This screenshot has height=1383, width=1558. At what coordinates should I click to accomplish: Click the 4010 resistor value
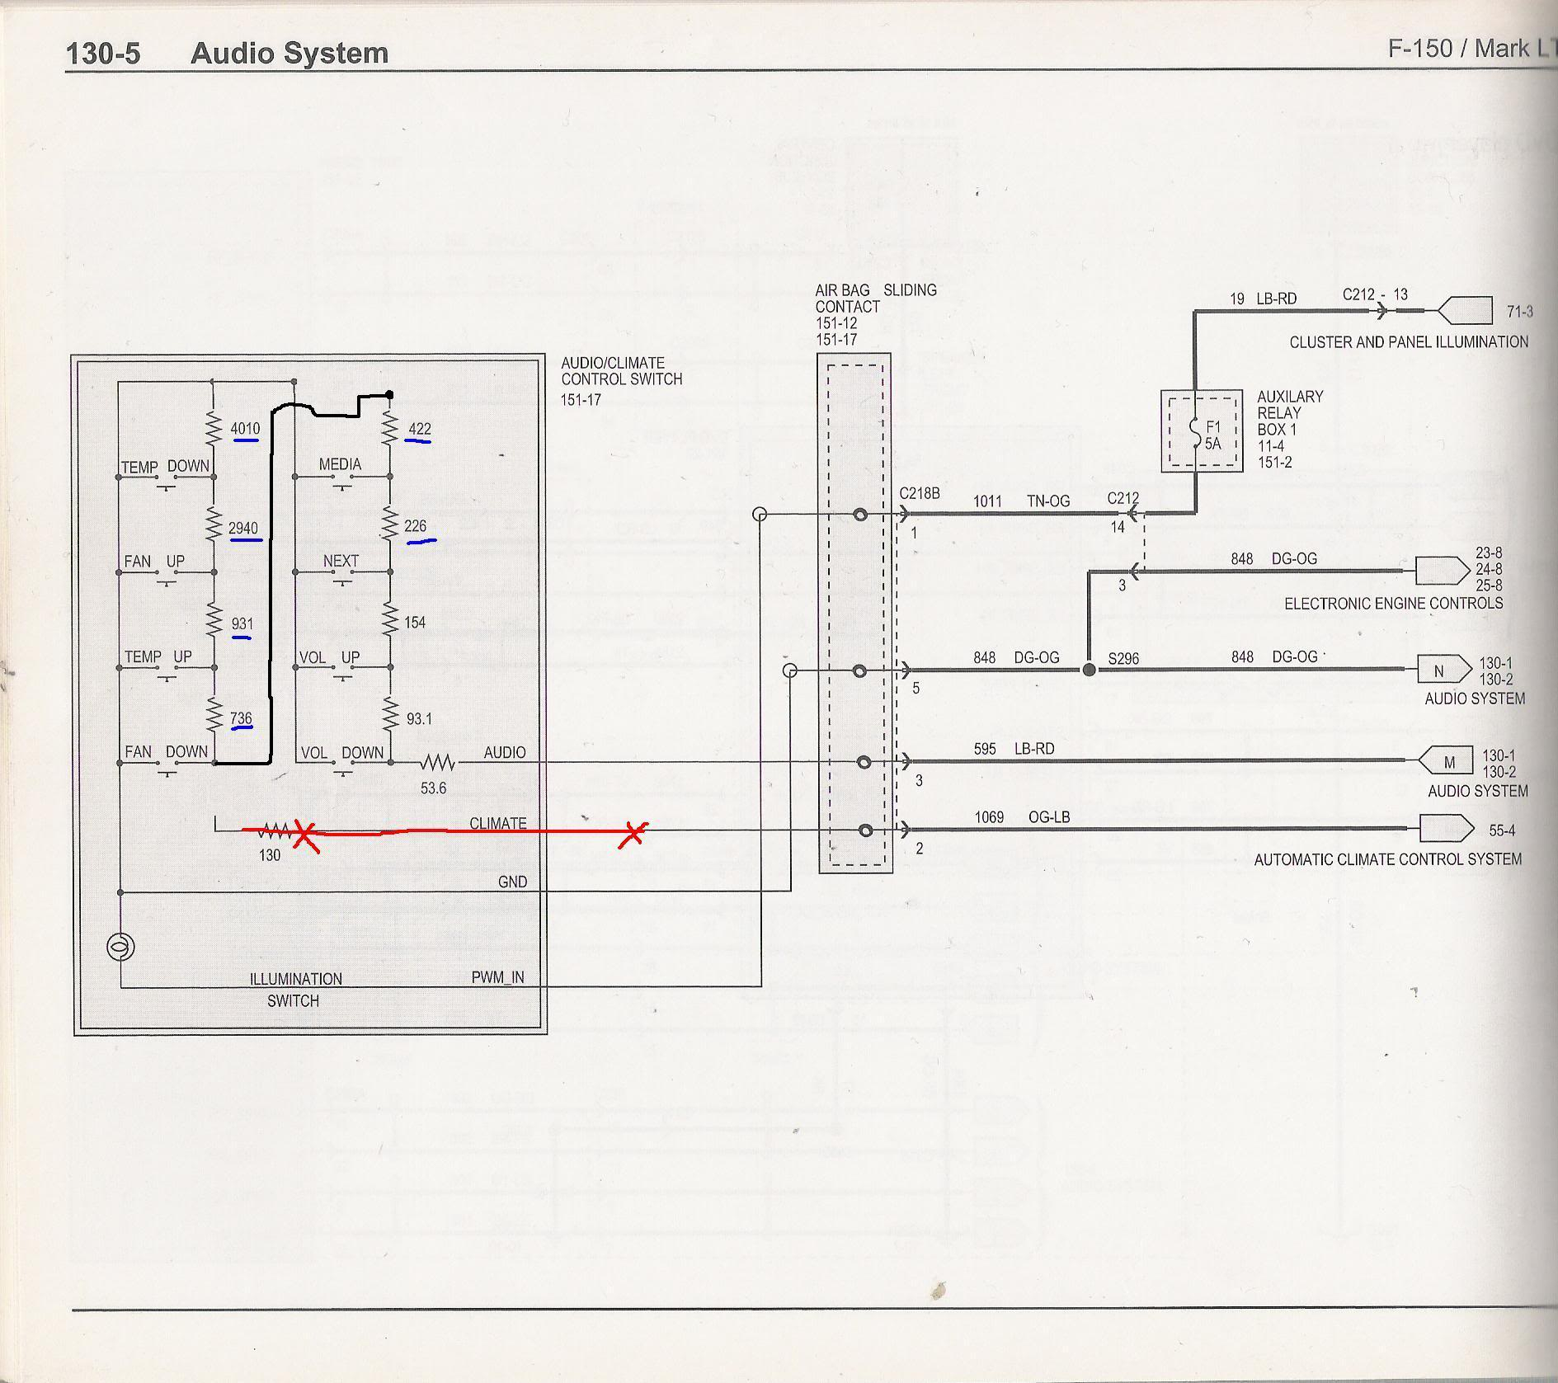coord(245,429)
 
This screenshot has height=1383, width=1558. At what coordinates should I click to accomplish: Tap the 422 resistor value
coord(420,429)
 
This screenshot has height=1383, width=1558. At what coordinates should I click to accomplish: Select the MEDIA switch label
coord(340,465)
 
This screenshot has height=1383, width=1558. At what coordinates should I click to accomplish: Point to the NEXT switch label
coord(341,562)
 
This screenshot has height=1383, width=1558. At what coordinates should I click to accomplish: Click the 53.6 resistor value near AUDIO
coord(433,788)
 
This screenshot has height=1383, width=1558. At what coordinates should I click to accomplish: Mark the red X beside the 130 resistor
coord(306,835)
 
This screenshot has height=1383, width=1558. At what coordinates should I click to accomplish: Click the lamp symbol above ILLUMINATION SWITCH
coord(120,947)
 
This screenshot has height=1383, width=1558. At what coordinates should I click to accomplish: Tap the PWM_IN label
coord(497,978)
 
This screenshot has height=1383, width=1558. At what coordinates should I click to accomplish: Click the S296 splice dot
coord(1089,670)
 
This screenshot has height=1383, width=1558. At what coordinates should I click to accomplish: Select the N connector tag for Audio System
coord(1439,671)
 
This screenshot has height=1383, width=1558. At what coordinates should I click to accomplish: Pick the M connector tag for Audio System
coord(1449,763)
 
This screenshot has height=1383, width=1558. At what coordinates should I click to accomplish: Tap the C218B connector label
coord(920,494)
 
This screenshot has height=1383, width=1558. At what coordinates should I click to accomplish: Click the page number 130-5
coord(103,54)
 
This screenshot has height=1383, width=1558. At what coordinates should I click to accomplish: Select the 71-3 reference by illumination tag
coord(1519,312)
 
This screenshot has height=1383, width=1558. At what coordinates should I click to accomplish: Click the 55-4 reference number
coord(1502,830)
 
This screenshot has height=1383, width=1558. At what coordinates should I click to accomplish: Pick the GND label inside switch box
coord(512,882)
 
